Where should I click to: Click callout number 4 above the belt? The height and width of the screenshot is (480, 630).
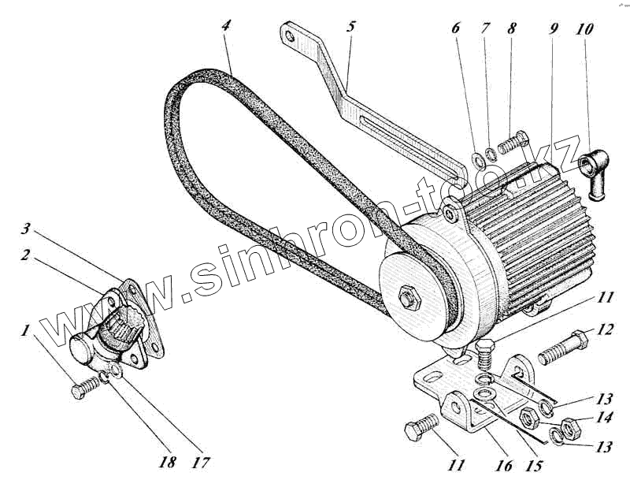pyautogui.click(x=227, y=26)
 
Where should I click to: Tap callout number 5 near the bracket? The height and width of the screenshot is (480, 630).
pyautogui.click(x=350, y=26)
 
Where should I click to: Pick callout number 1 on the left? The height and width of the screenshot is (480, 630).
pyautogui.click(x=26, y=330)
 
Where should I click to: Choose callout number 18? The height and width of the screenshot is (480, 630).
pyautogui.click(x=166, y=462)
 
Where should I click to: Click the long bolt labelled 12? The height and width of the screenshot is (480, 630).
pyautogui.click(x=562, y=348)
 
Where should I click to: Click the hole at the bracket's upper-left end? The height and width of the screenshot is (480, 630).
pyautogui.click(x=290, y=36)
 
